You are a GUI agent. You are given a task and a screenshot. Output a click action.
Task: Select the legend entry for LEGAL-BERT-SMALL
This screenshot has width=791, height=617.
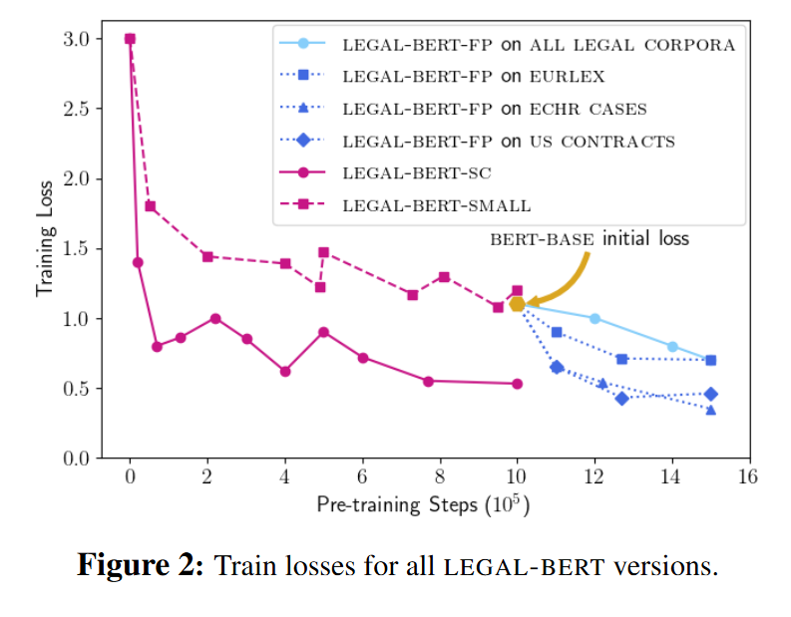(436, 205)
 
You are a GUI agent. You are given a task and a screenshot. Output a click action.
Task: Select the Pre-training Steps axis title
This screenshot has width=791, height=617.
(423, 505)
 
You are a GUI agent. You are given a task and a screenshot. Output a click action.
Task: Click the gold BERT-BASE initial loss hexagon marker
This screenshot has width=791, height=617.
(518, 304)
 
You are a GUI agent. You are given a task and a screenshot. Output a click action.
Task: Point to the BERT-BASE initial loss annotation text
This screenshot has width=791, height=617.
(588, 239)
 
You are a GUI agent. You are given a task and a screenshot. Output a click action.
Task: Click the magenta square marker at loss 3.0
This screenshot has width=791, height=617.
(130, 39)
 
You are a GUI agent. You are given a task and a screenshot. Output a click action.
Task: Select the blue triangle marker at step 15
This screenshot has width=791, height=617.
(710, 410)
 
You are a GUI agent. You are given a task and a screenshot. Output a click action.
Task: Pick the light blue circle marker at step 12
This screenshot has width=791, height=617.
(594, 319)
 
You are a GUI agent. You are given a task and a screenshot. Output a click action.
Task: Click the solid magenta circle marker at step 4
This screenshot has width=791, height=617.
(285, 371)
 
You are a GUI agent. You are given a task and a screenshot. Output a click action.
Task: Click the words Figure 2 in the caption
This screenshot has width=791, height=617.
(141, 567)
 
